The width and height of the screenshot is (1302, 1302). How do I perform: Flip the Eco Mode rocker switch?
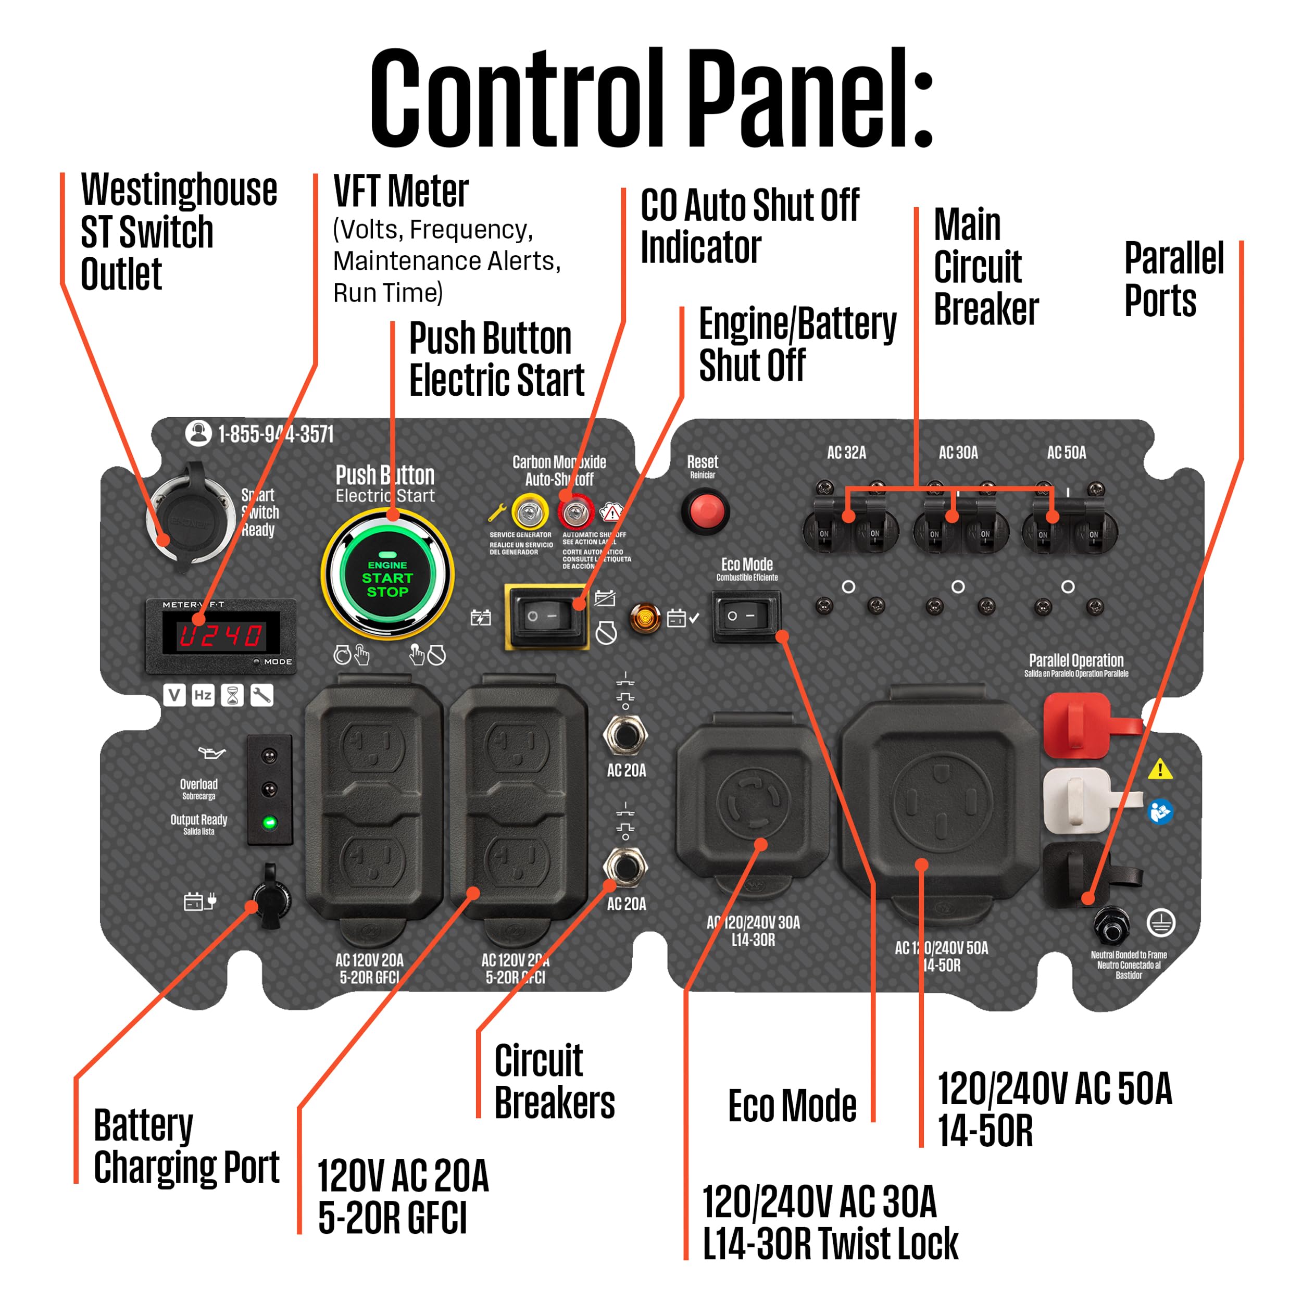[x=746, y=616]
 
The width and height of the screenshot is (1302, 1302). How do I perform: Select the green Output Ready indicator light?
[x=270, y=822]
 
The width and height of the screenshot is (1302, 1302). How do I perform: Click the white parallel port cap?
[x=1077, y=800]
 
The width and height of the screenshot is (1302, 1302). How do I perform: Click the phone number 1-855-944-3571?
[x=275, y=434]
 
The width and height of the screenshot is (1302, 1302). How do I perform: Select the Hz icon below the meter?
[x=203, y=695]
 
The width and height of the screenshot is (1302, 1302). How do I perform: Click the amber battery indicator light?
[x=644, y=617]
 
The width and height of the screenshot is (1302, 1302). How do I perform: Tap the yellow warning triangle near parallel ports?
[x=1160, y=769]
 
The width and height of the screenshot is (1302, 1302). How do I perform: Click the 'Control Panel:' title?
[x=651, y=98]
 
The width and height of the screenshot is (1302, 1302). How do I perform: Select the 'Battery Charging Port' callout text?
[x=185, y=1146]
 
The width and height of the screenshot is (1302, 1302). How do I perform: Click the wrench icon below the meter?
[x=261, y=695]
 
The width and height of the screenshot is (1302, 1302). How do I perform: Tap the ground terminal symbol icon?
[x=1160, y=922]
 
